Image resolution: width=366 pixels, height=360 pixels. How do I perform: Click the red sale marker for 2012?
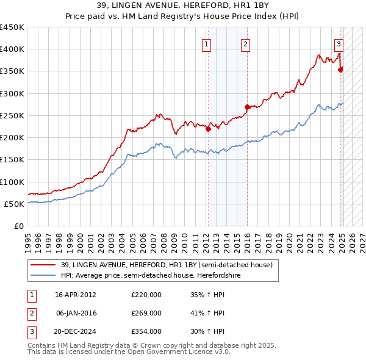[208, 129]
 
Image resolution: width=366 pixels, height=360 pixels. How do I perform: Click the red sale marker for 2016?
[247, 107]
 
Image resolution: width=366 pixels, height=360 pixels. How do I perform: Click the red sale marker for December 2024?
[340, 70]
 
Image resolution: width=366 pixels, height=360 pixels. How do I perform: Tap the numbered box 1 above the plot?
[206, 44]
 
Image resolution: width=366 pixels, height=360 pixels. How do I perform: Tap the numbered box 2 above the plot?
[245, 44]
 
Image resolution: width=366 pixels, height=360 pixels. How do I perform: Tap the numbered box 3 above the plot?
[339, 44]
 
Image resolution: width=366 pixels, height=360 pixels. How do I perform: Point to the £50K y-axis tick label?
[14, 204]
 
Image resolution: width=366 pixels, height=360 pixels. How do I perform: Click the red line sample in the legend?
[43, 264]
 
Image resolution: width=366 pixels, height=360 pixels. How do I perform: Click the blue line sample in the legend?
[43, 275]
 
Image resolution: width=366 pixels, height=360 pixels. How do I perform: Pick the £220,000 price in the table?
[146, 295]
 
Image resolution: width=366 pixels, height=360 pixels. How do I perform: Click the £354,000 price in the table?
[146, 331]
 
